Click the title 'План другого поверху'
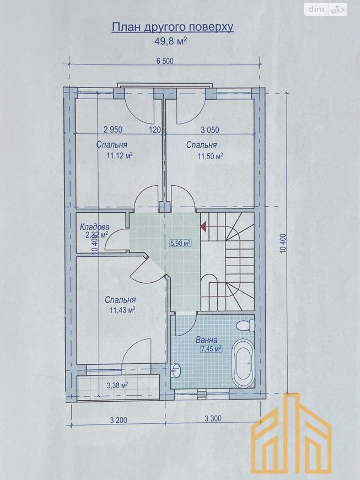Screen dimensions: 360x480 coord(173,28)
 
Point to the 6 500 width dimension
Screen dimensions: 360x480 coord(165,61)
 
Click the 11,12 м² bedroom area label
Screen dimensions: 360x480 coord(120,156)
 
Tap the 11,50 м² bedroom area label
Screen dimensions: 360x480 coord(210,156)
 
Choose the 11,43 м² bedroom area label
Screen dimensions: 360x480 coord(122,310)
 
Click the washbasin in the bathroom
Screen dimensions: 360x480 coord(176,370)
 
